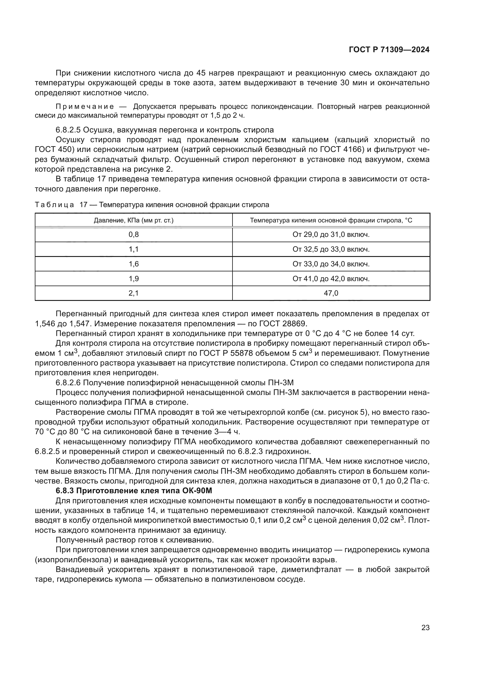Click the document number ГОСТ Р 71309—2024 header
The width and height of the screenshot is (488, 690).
[x=389, y=50]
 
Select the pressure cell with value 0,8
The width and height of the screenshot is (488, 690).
[x=134, y=235]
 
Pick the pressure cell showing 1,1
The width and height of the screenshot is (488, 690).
[x=134, y=249]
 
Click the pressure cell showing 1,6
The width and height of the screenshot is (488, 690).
[x=134, y=264]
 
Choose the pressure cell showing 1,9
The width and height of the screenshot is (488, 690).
[x=134, y=278]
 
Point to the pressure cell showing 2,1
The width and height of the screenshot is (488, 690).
[x=134, y=293]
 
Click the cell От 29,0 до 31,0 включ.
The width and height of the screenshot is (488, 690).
[x=331, y=235]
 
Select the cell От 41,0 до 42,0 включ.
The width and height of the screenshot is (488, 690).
[x=331, y=278]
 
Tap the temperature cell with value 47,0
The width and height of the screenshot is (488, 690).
[x=331, y=293]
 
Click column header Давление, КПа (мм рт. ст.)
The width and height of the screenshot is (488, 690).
[x=134, y=220]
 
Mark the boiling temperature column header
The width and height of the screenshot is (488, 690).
[x=331, y=220]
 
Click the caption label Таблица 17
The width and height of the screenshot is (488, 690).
[x=61, y=205]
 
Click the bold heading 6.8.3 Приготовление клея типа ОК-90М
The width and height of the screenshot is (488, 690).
[x=134, y=491]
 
